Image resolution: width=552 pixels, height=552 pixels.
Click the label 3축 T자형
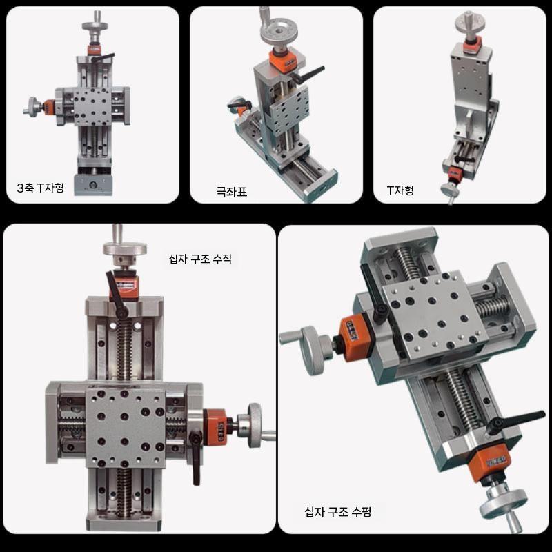click(x=41, y=188)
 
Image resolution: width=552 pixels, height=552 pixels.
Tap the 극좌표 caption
click(x=231, y=192)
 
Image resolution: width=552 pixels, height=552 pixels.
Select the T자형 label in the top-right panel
click(x=400, y=190)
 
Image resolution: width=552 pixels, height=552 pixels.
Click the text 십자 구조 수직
click(x=200, y=259)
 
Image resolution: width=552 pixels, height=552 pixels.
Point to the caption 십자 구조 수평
click(x=337, y=511)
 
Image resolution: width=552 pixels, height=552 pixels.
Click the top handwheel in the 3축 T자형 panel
click(x=95, y=26)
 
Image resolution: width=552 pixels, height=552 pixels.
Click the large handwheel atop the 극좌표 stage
click(x=278, y=32)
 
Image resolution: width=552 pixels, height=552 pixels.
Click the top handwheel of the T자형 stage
click(x=470, y=21)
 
